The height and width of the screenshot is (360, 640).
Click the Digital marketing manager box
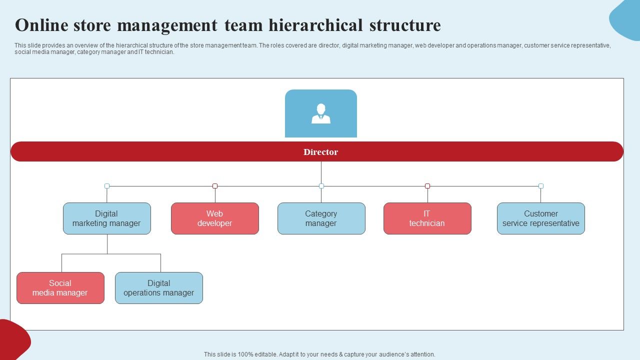coord(106,218)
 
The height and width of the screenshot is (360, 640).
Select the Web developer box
coord(215,218)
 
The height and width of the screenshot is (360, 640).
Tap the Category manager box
coord(321,218)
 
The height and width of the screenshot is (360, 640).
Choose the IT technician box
coord(427,218)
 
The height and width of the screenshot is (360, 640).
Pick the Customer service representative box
coord(540,218)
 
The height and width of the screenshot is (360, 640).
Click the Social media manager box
coord(60,288)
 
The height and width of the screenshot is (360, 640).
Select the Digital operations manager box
coord(158,288)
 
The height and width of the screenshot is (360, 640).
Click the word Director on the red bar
coord(320,152)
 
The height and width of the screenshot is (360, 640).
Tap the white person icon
coord(320,113)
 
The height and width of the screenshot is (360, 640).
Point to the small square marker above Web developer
coord(215,186)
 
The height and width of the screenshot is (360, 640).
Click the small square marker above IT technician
coord(427,186)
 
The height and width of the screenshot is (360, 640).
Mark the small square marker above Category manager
coord(321,186)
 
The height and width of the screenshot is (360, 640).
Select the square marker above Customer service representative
coord(541,186)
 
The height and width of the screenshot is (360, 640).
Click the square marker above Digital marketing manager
coord(107,186)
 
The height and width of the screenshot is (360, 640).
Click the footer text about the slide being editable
coord(319,354)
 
